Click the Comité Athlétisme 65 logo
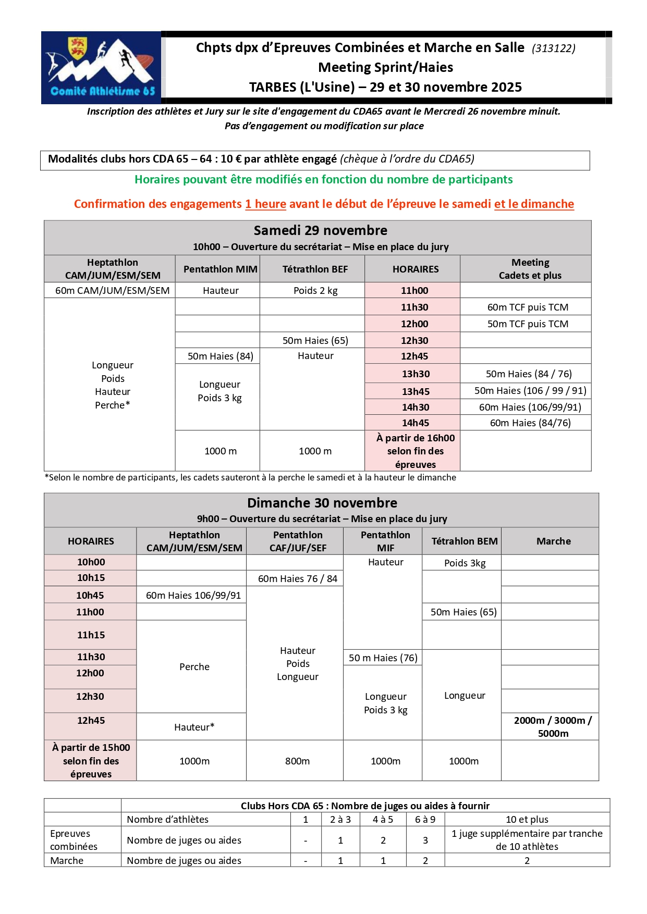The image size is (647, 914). pos(101,67)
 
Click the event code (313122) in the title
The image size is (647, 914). pos(553,48)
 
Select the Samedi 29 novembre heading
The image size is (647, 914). pos(320,230)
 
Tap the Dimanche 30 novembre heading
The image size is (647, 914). pos(322,503)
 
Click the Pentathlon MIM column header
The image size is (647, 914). pos(220,269)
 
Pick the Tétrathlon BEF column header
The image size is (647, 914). pos(315,269)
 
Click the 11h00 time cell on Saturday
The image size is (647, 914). pos(414,290)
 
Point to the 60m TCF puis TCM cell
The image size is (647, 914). pos(528,307)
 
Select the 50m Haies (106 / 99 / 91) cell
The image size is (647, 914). pos(530,390)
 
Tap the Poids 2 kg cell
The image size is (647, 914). pos(315,290)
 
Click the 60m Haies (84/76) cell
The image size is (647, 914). pos(530,423)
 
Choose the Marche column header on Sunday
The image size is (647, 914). pos(553,541)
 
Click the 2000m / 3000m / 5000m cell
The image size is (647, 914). pos(553,726)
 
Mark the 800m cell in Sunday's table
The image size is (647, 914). pos(297,761)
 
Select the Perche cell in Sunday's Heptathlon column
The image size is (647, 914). pos(194,666)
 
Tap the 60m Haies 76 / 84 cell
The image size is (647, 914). pos(297,578)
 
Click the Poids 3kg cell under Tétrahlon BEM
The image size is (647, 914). pos(465,563)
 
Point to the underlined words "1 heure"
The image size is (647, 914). pos(265,204)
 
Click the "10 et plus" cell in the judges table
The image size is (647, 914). pos(527,819)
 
